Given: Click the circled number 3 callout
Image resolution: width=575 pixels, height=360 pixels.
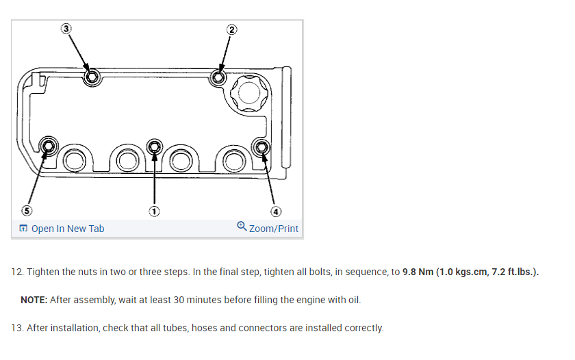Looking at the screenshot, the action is pyautogui.click(x=66, y=29).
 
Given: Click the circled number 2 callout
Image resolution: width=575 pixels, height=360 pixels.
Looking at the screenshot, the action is pyautogui.click(x=231, y=29).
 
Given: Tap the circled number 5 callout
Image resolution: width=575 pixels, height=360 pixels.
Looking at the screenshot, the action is pyautogui.click(x=27, y=211).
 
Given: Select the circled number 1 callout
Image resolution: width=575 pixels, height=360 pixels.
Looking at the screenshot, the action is pyautogui.click(x=155, y=211).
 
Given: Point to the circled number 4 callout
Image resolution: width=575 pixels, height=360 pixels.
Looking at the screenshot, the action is pyautogui.click(x=275, y=211).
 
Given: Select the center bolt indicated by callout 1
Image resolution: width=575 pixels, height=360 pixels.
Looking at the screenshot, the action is pyautogui.click(x=155, y=146).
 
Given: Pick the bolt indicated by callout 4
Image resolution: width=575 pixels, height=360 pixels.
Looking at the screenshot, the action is pyautogui.click(x=261, y=146).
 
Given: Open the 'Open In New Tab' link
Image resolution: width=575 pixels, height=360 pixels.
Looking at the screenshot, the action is pyautogui.click(x=62, y=229).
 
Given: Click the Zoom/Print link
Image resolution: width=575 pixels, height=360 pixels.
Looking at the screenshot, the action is pyautogui.click(x=274, y=229).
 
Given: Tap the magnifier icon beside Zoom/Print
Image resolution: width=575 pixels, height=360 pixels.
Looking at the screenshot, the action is pyautogui.click(x=242, y=228).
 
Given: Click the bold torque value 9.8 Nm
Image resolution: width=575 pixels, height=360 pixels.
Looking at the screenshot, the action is pyautogui.click(x=422, y=272).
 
